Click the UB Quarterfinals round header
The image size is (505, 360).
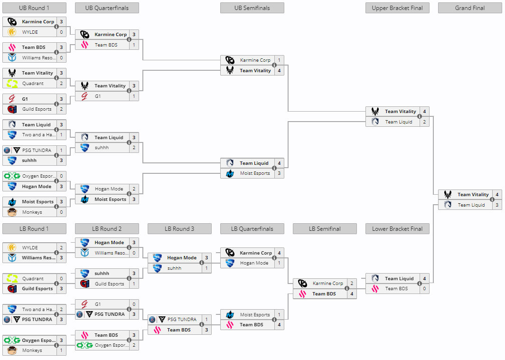click(107, 8)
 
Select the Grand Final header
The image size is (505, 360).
click(470, 8)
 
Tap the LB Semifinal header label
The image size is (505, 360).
click(325, 229)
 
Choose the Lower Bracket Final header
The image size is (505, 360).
click(397, 229)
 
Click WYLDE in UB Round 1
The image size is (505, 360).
click(30, 32)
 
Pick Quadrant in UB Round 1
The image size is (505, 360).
click(33, 84)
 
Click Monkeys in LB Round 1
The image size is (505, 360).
click(32, 351)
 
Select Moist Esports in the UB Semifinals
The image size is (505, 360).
click(255, 173)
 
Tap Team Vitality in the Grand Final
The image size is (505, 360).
click(473, 195)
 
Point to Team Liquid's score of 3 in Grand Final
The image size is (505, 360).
click(497, 205)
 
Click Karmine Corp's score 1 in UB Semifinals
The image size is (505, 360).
click(279, 60)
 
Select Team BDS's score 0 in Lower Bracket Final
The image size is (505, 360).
click(424, 289)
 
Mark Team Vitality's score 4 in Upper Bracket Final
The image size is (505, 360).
click(424, 112)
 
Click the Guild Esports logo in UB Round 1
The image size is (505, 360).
click(12, 109)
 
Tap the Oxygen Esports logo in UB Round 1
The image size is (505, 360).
click(12, 176)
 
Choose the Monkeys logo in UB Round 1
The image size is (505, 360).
click(12, 212)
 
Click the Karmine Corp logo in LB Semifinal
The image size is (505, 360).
click(302, 284)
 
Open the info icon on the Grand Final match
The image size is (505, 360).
click(492, 200)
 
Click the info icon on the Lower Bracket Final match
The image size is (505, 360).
click(420, 284)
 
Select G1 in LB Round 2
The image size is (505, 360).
click(98, 304)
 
